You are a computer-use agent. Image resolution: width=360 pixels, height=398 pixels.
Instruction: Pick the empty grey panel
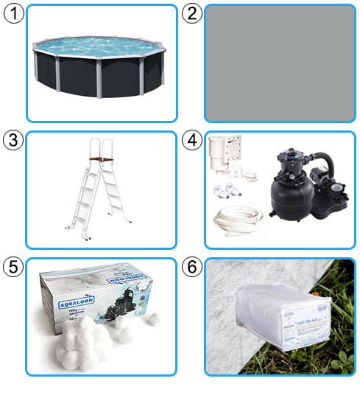[279, 63]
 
